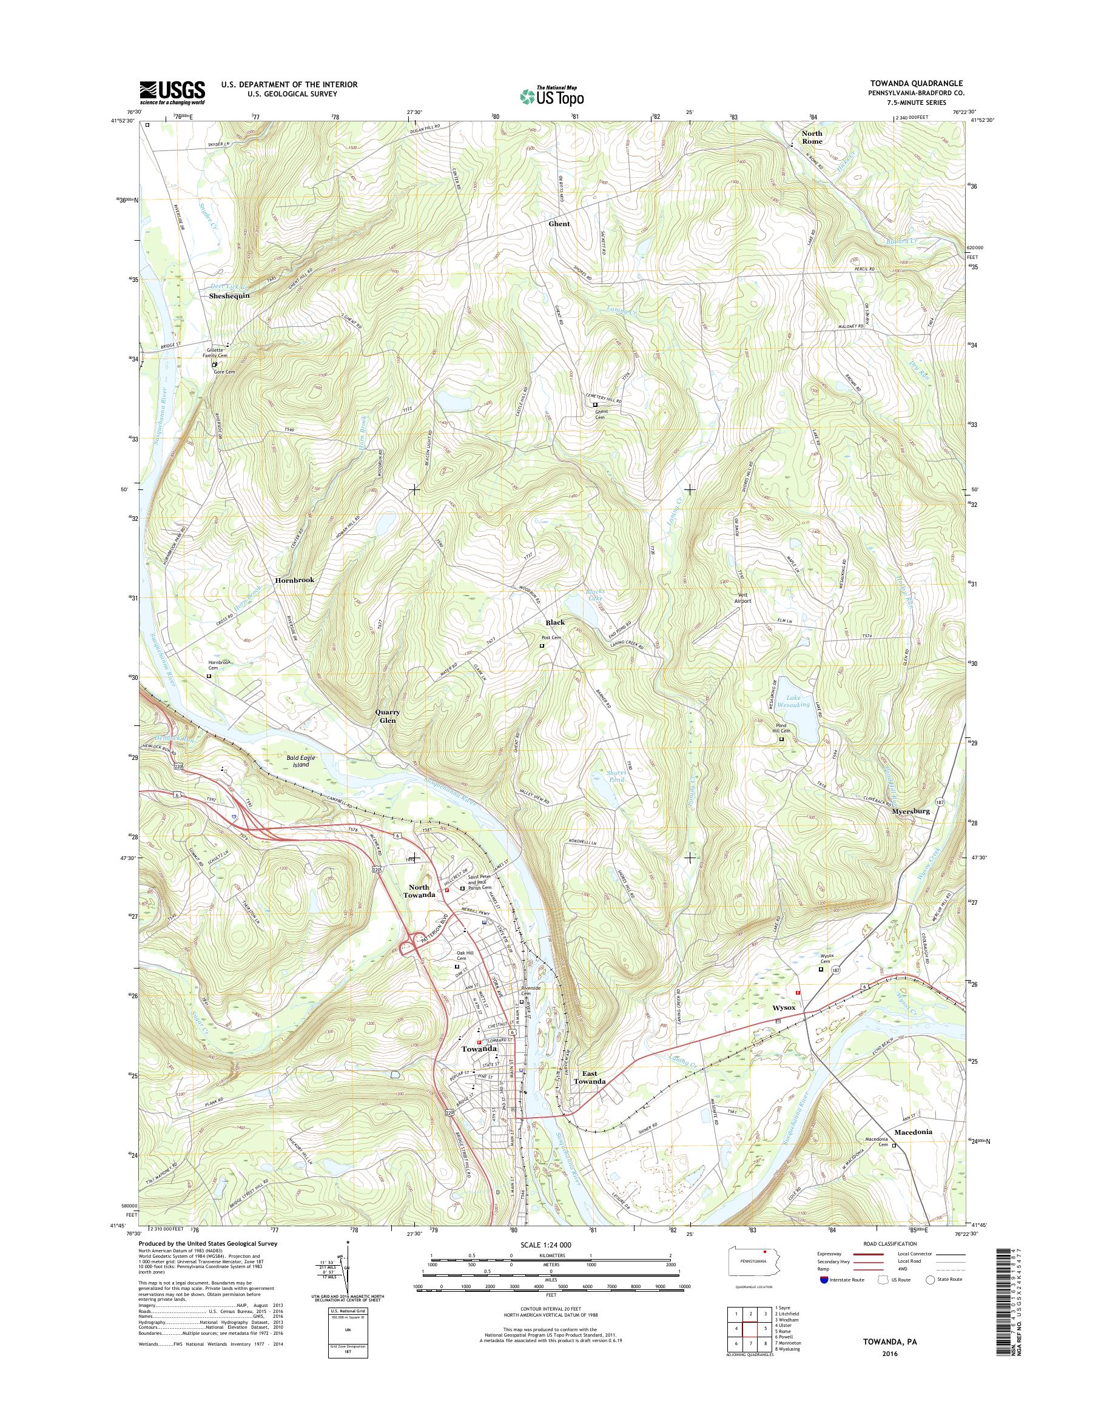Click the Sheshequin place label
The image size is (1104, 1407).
(229, 295)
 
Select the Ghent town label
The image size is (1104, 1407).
(559, 224)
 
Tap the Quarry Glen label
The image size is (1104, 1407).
(388, 716)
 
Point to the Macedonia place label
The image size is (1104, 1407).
(913, 1132)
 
